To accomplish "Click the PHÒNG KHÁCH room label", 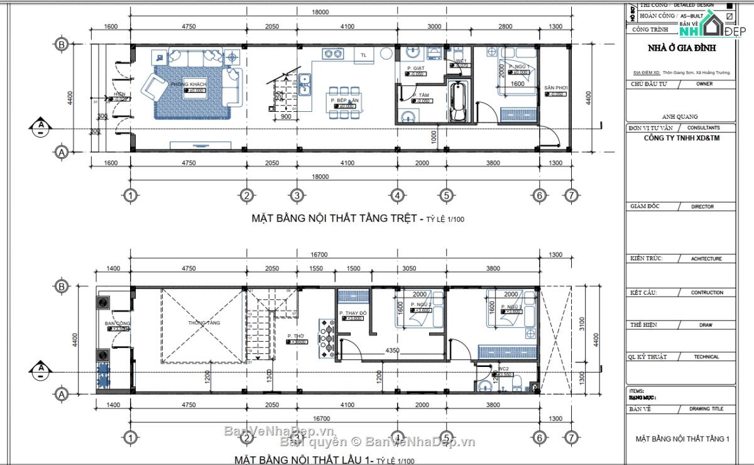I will point(188,84).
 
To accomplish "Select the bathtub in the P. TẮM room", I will point(459,102).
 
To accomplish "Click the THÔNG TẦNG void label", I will point(204,323).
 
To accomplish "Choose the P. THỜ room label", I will point(296,336).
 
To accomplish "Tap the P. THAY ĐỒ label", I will point(352,313).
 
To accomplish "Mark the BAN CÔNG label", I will point(117,324).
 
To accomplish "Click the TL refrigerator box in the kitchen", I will point(363,55).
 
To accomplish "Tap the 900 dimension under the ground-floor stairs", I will point(285,117).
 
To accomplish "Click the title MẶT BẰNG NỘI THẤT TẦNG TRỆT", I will point(334,219).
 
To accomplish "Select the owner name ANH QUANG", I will point(680,116).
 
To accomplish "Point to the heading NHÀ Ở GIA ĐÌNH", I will point(681,48).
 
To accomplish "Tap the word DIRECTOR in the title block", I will point(702,206).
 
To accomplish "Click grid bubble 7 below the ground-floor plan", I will point(570,195).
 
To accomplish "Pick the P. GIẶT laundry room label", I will point(416,68).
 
